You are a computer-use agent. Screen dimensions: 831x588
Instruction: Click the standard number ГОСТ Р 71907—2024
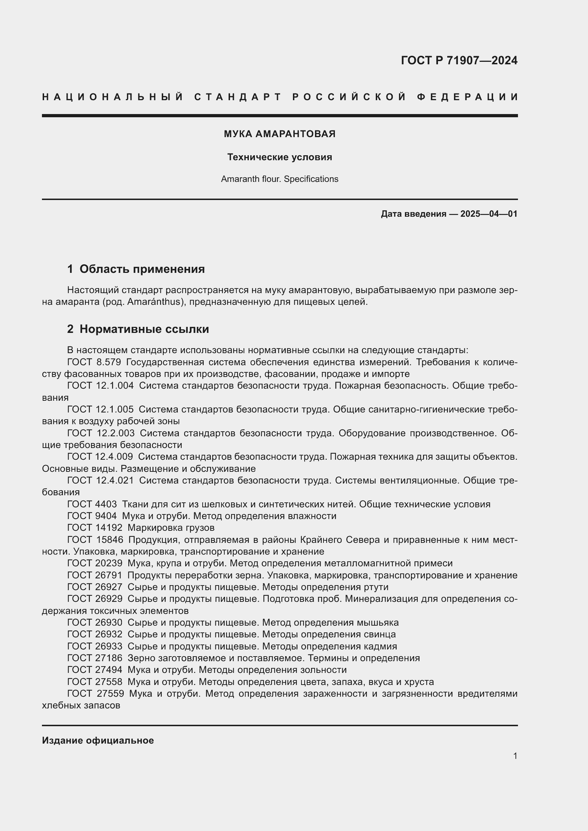459,60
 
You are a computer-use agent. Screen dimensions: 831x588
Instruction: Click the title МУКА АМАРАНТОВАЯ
279,134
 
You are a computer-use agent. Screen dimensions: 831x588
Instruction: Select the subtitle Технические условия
279,157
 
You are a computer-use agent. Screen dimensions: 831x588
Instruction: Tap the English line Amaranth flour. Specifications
279,179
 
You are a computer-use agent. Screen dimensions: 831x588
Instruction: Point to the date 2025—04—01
489,214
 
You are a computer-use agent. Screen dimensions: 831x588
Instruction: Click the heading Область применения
142,269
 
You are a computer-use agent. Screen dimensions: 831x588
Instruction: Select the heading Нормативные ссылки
144,329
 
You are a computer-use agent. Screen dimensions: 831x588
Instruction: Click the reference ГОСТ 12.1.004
100,386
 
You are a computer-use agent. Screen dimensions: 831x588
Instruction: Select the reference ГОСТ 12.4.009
100,457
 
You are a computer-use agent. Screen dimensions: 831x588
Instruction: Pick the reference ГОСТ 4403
92,504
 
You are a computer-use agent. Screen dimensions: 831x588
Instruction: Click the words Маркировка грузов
171,528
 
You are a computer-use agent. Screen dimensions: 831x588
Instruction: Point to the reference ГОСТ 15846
95,540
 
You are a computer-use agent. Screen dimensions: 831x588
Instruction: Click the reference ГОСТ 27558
95,682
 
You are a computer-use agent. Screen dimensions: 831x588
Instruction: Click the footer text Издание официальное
98,740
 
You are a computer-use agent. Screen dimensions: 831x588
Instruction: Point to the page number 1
515,756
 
